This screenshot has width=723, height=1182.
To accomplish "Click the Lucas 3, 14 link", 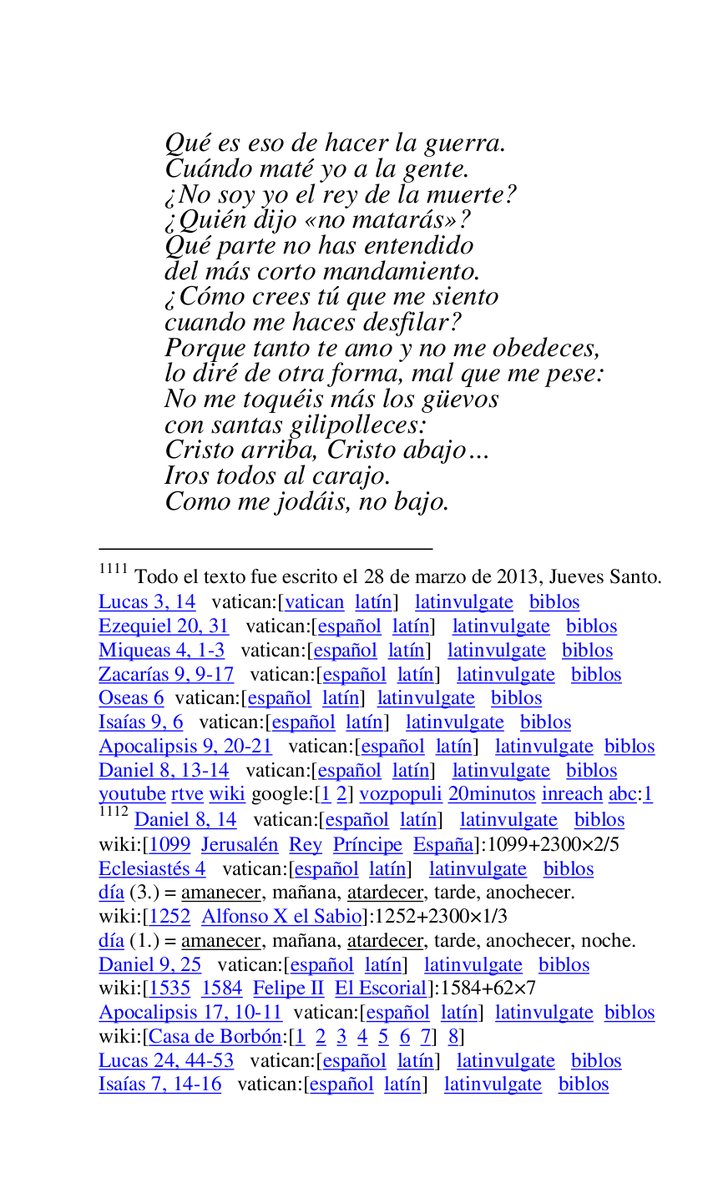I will [x=147, y=602].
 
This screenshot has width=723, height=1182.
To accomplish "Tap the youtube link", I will [x=132, y=794].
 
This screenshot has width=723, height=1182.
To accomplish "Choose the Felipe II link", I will [x=288, y=988].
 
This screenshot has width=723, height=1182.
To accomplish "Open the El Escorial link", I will [x=381, y=988].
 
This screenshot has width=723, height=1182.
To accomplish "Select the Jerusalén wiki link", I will [x=240, y=844].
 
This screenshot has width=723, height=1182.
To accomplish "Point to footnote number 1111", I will [x=113, y=570].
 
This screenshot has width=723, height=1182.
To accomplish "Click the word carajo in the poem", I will [x=349, y=476].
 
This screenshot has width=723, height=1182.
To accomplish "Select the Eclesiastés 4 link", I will [x=152, y=868].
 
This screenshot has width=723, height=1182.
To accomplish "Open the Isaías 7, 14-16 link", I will [x=160, y=1084].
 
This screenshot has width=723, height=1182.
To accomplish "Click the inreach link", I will [x=572, y=794].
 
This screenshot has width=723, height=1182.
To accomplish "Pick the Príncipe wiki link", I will [x=367, y=844].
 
